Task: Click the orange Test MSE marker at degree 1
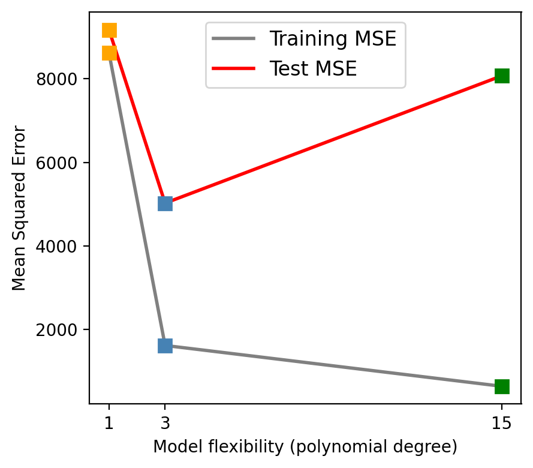pos(109,30)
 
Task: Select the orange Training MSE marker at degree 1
pos(109,53)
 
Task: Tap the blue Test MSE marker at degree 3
pos(165,203)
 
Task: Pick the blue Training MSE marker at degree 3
pos(165,346)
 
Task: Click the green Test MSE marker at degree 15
pos(502,76)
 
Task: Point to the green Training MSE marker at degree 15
pos(502,386)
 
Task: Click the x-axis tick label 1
pos(109,424)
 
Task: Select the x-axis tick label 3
pos(165,424)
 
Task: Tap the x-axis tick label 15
pos(502,424)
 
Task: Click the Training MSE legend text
pos(333,40)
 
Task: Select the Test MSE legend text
pos(313,68)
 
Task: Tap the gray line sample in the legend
pos(234,40)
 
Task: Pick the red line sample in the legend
pos(234,68)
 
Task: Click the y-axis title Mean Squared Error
pos(19,208)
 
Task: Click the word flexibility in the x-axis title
pos(227,447)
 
